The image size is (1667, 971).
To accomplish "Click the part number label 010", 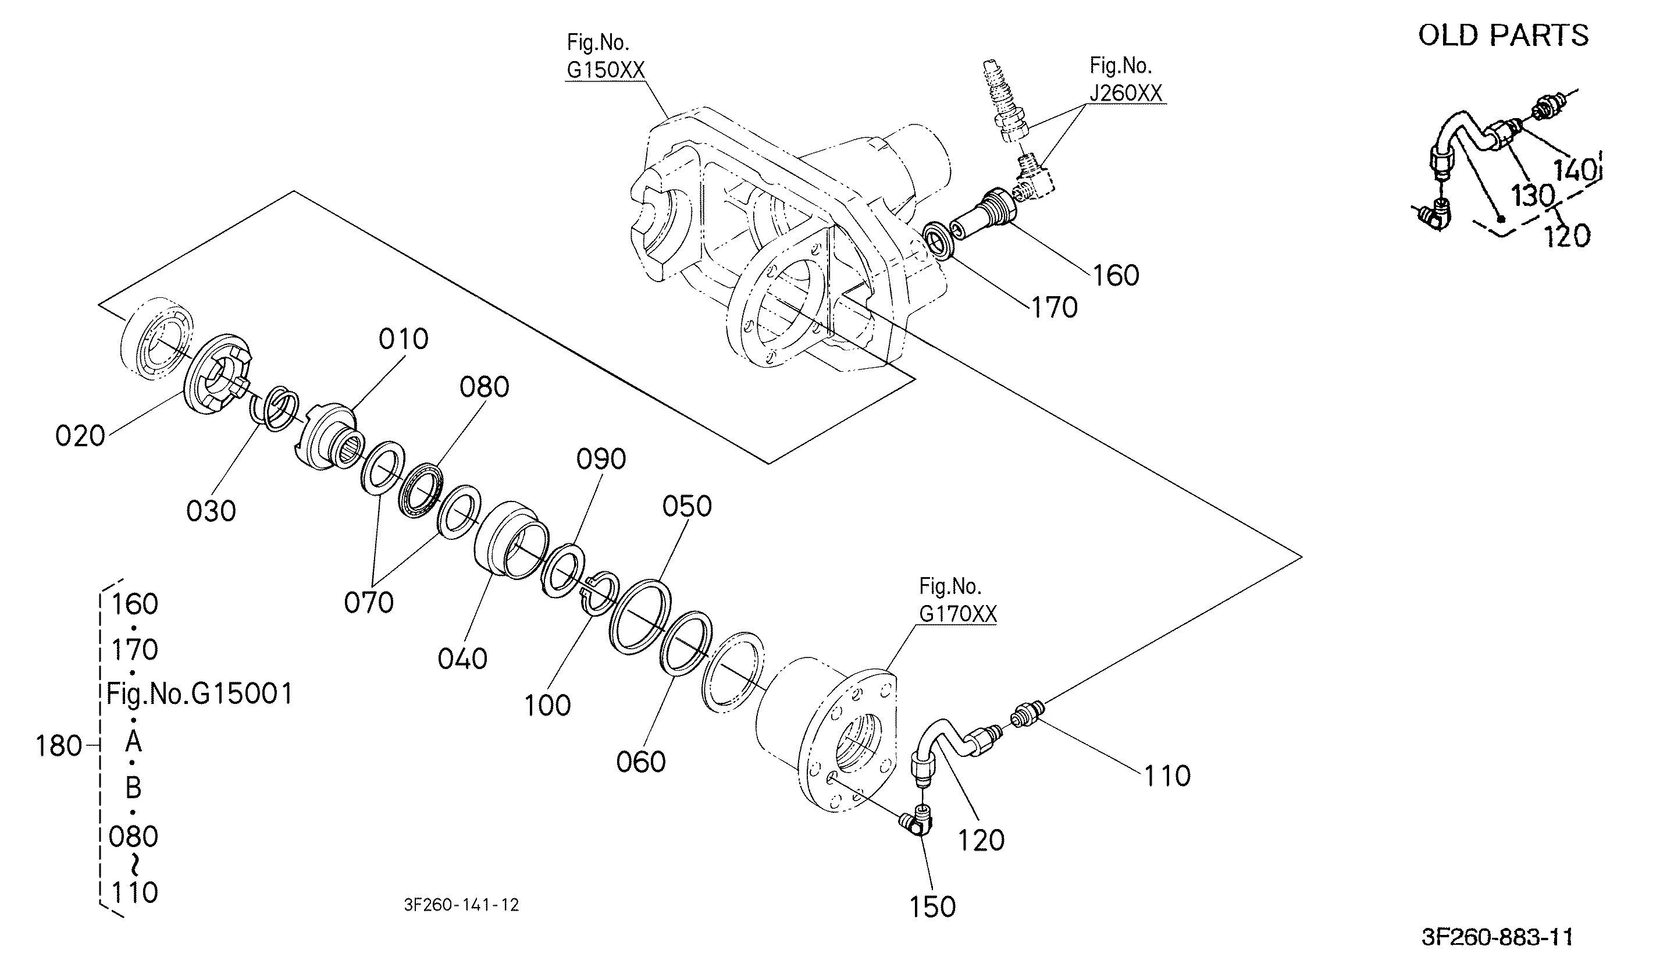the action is point(403,339).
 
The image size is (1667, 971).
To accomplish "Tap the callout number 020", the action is point(80,436).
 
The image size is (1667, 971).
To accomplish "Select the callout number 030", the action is point(211,511).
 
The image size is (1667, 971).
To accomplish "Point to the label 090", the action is point(601,459).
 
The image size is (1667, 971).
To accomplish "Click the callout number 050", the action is point(687,507).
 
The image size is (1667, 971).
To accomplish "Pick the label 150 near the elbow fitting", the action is point(932,907).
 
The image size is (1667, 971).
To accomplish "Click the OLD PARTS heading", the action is point(1503,35).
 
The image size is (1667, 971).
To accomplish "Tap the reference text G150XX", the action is point(605,70).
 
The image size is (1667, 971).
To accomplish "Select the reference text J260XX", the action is point(1126,93).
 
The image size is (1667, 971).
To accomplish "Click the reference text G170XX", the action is point(957,614).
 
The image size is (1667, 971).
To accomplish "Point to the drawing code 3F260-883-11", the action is point(1497,937).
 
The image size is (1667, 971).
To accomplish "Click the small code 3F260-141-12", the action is point(461,905).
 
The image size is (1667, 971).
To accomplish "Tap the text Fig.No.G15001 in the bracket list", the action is point(199,694).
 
